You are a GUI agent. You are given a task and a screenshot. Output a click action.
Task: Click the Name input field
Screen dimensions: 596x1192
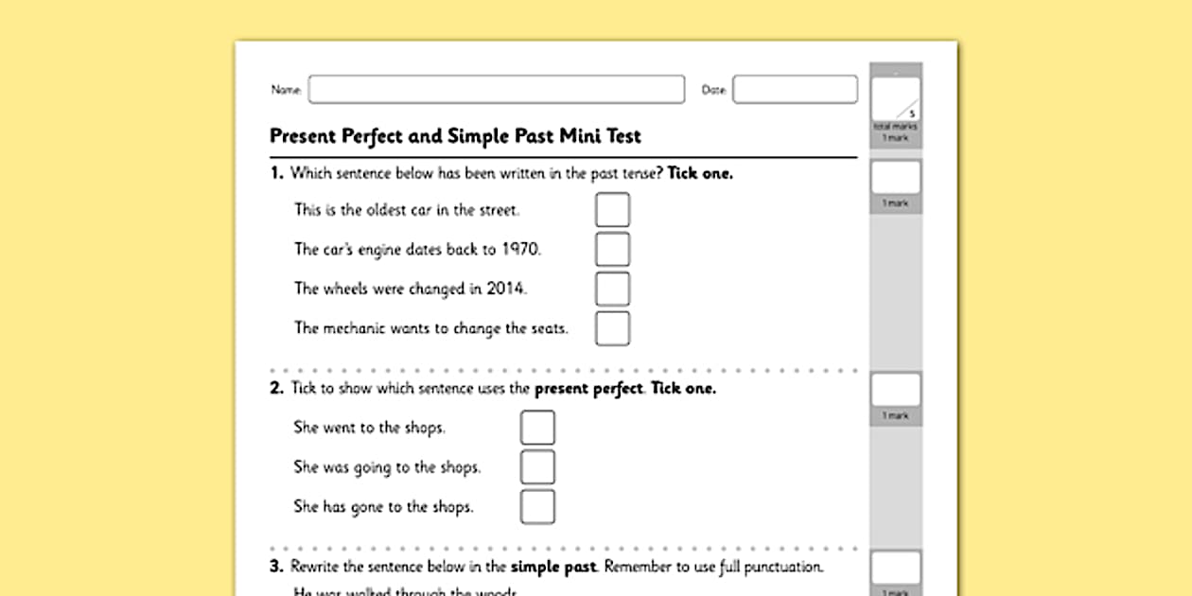[x=496, y=90]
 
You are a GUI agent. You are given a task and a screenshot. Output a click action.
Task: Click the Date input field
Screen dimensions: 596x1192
[x=795, y=90]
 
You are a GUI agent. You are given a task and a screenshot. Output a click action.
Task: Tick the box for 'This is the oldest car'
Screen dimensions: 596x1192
[x=612, y=210]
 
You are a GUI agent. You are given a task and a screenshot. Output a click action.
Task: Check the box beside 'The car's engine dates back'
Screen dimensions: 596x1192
[x=612, y=250]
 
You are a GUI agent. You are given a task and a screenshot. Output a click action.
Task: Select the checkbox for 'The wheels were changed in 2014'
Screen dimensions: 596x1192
[x=612, y=289]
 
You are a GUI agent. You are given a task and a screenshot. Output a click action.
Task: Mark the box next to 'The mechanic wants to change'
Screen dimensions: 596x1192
[x=612, y=328]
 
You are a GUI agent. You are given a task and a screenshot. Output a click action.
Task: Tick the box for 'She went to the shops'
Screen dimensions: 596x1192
[x=537, y=428]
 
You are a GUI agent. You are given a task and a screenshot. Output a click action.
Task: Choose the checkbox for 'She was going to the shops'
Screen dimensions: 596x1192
[x=537, y=467]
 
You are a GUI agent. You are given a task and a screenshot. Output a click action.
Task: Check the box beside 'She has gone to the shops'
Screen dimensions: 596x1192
[x=537, y=507]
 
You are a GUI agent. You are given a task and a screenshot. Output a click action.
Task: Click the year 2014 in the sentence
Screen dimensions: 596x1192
[x=505, y=289]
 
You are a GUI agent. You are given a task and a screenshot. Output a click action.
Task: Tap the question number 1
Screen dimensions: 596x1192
[x=275, y=173]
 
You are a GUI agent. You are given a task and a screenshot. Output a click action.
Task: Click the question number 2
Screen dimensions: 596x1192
[x=275, y=389]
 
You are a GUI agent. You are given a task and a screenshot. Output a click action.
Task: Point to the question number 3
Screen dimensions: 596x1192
[x=275, y=568]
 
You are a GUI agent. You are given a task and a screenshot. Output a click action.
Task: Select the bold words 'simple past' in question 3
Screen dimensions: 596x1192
[x=553, y=568]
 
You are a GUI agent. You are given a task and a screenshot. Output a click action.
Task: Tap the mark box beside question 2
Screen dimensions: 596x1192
[x=895, y=390]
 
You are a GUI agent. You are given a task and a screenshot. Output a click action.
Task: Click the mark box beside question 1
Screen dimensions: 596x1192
[x=895, y=178]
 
